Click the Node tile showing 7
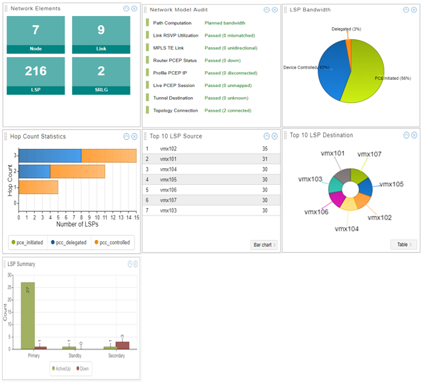coord(35,35)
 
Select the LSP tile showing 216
coord(35,76)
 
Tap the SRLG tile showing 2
coord(101,76)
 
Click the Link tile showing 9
coord(101,35)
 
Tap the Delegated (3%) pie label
coord(346,29)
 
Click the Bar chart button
coord(264,245)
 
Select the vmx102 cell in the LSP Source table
coord(169,149)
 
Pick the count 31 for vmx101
coord(265,159)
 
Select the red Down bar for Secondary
coord(123,345)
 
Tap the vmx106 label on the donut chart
coord(316,212)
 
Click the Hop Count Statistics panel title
coord(38,136)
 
